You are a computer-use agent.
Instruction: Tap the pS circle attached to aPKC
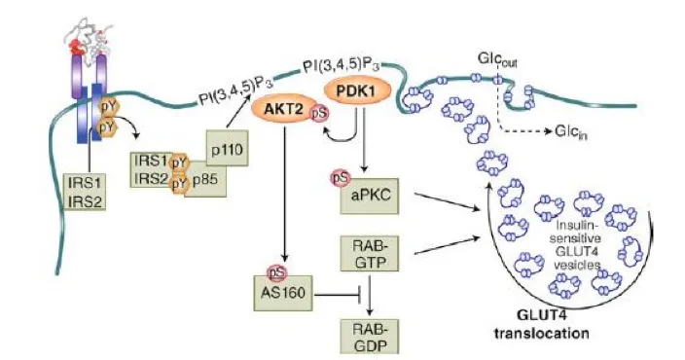(x=341, y=177)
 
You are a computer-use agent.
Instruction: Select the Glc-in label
(x=570, y=132)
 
